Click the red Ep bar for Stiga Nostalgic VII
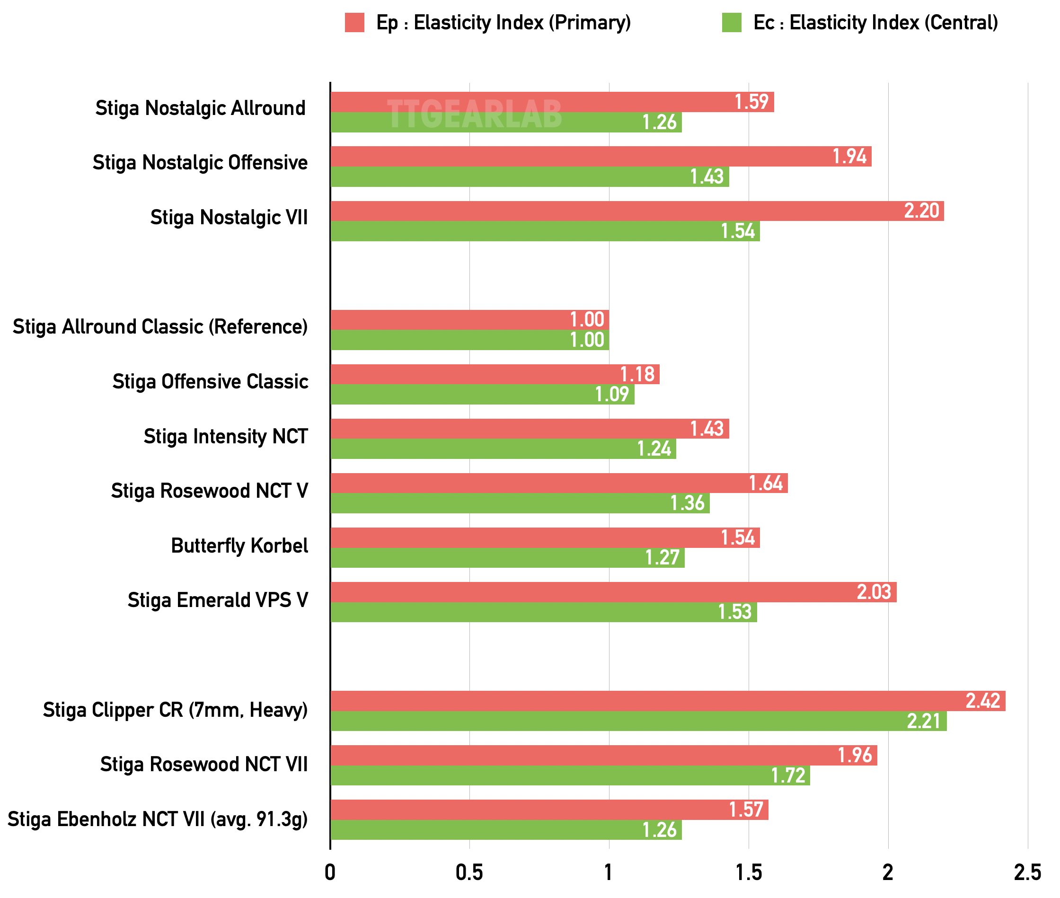click(636, 211)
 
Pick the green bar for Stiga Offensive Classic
click(482, 395)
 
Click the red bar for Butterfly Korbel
click(545, 537)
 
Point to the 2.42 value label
click(982, 701)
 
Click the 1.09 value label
click(612, 395)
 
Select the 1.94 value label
click(849, 156)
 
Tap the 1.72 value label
click(787, 775)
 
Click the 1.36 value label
click(687, 503)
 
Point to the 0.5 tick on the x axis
click(469, 872)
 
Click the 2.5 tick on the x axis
click(1027, 872)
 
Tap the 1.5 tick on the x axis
click(749, 872)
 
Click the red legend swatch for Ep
click(354, 23)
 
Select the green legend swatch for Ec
click(732, 23)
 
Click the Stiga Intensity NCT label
click(226, 437)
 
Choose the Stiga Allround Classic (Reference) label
click(160, 327)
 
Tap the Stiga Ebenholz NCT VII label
click(158, 819)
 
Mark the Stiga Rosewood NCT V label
click(209, 491)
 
